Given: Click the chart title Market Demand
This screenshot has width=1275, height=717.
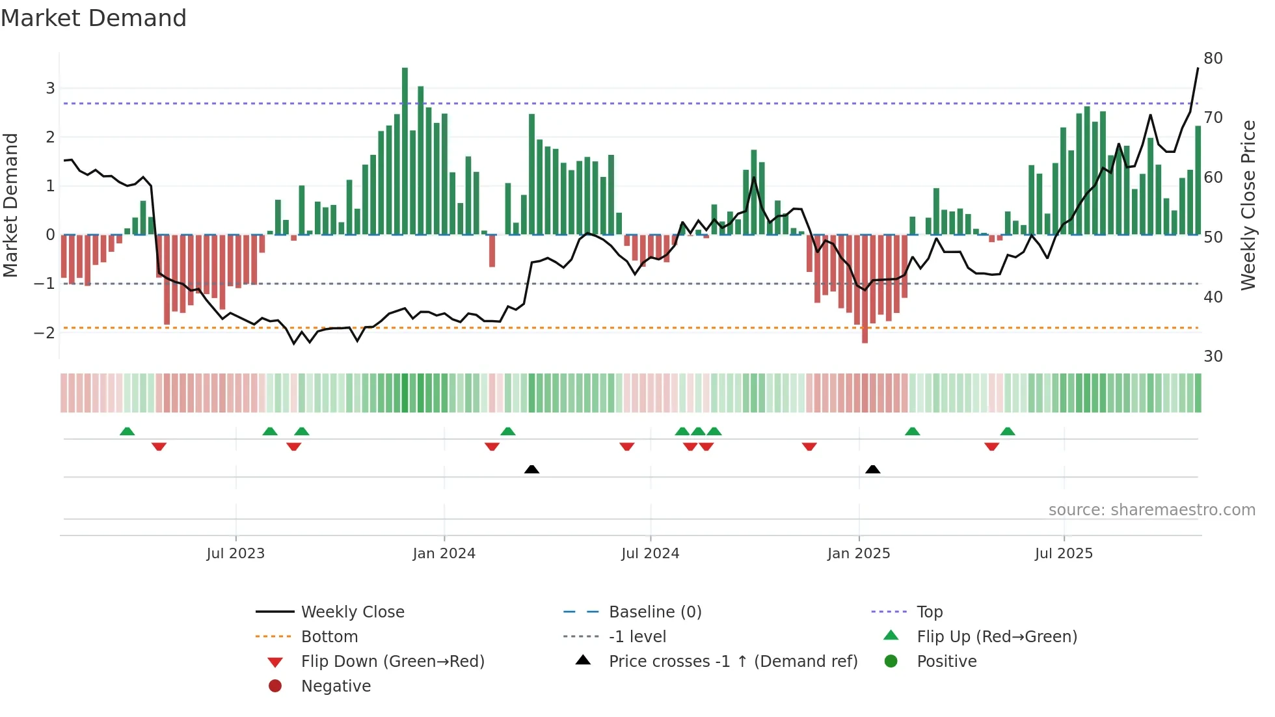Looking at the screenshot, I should [94, 18].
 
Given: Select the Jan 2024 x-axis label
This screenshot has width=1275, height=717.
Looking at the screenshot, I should [444, 554].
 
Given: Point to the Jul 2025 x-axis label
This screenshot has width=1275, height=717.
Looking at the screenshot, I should [1064, 554].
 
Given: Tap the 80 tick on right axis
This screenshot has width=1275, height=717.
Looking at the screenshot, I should [1213, 59].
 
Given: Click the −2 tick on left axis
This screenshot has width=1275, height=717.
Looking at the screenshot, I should [44, 333].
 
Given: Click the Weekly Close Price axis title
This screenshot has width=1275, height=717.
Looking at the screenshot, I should [1248, 205].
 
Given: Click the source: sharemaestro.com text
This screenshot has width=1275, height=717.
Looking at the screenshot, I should [1151, 510].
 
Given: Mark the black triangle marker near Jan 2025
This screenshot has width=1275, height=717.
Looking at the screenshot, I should [873, 470].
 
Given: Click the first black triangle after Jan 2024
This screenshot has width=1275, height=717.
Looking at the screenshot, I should [531, 470].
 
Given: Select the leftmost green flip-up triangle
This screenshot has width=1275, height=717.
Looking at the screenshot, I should [127, 431].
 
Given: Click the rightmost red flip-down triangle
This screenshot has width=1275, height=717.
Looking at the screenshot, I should [991, 446].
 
